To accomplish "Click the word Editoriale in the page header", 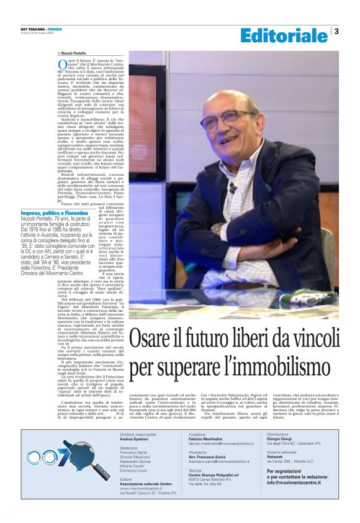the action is pyautogui.click(x=284, y=35).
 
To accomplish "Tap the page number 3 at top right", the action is pyautogui.click(x=336, y=31).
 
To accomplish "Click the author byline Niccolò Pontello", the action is pyautogui.click(x=73, y=53).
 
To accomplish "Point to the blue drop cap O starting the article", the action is pyautogui.click(x=61, y=65).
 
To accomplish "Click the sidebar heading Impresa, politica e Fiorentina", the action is pyautogui.click(x=54, y=213).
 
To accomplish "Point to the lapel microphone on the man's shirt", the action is pyautogui.click(x=231, y=186).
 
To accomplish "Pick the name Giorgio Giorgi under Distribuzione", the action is pyautogui.click(x=281, y=457).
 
